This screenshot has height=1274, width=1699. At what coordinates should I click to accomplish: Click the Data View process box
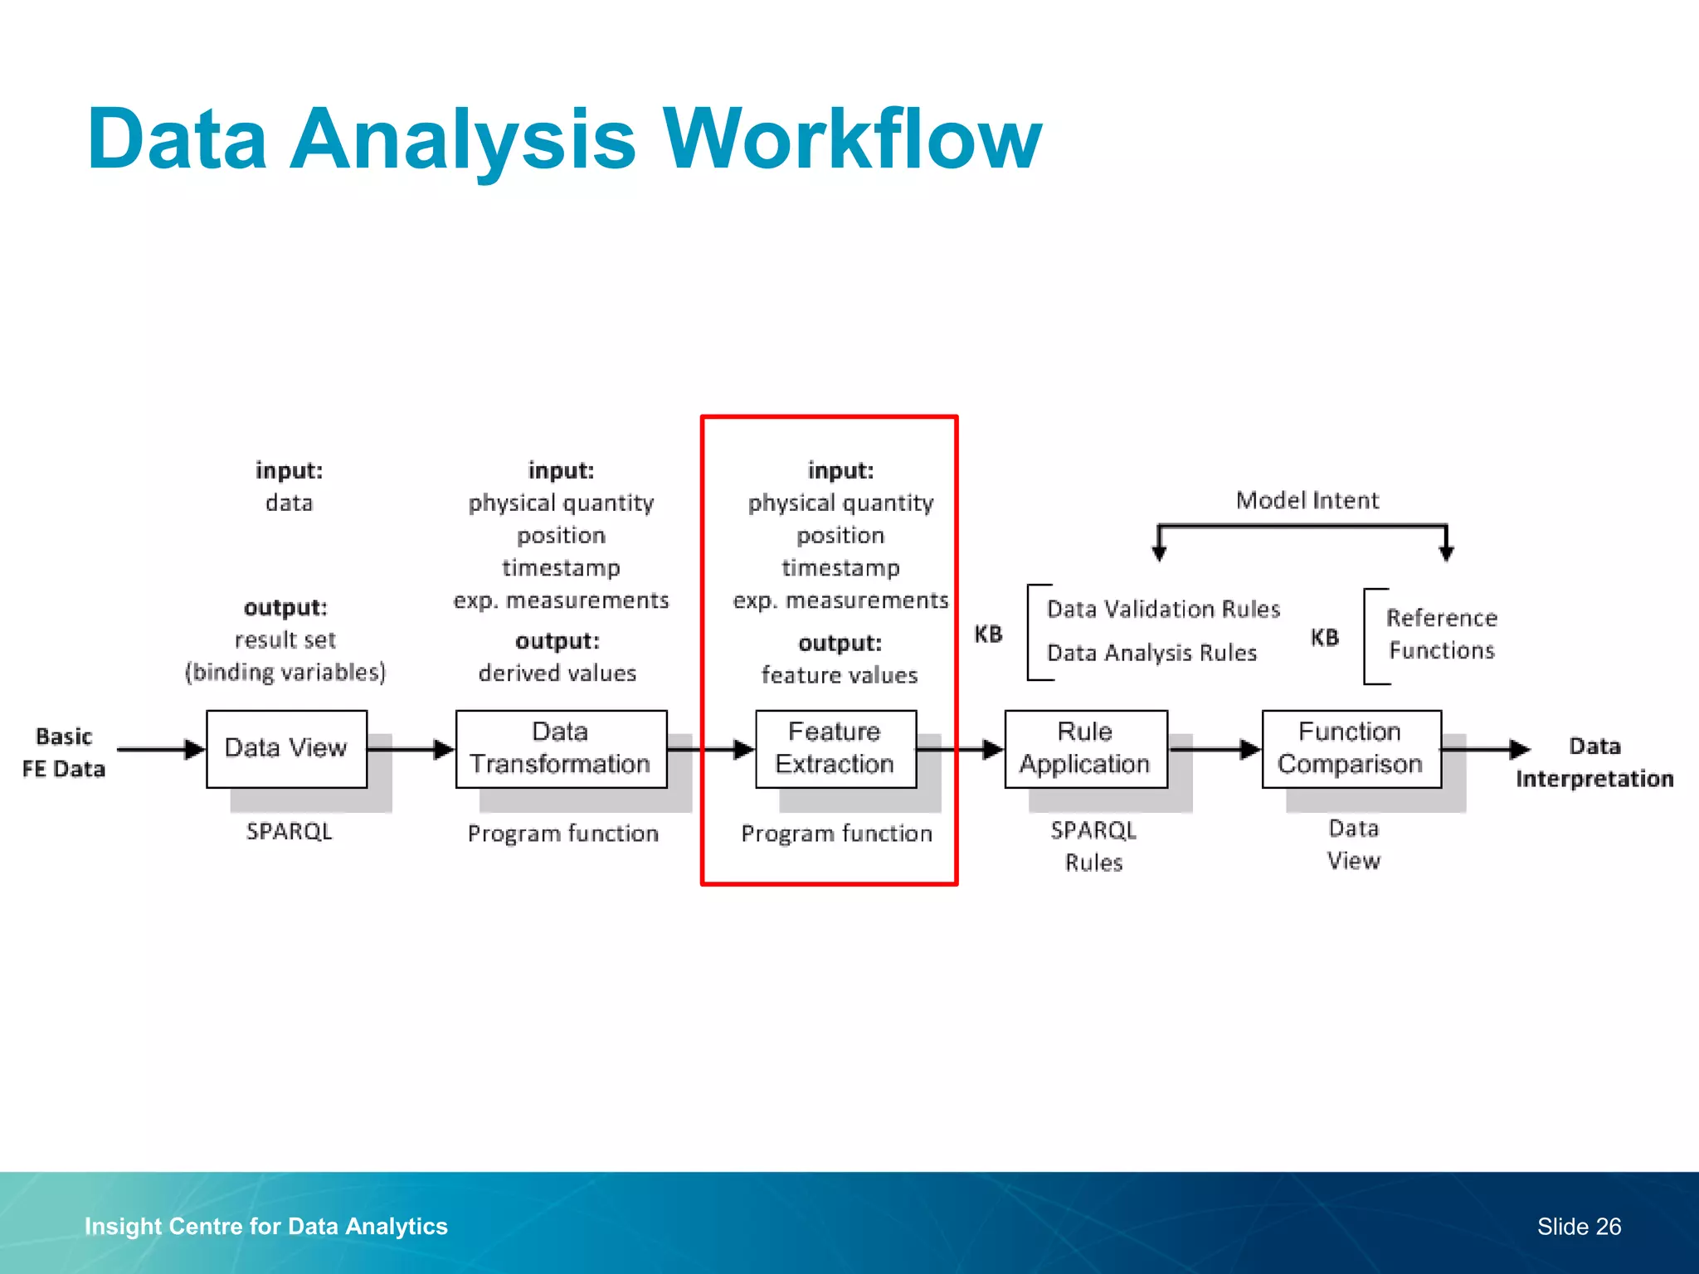pyautogui.click(x=286, y=748)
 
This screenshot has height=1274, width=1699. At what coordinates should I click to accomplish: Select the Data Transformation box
pyautogui.click(x=561, y=748)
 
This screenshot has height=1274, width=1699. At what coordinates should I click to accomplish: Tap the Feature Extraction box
pyautogui.click(x=835, y=748)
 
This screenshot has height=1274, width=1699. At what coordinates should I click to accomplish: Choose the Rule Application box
pyautogui.click(x=1085, y=748)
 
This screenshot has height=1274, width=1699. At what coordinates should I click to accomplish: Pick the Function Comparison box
pyautogui.click(x=1351, y=748)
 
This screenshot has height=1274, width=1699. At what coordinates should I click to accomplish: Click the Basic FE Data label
pyautogui.click(x=64, y=752)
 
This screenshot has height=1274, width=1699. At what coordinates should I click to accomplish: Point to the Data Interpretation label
pyautogui.click(x=1594, y=762)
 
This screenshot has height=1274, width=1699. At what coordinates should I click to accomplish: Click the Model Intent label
pyautogui.click(x=1307, y=500)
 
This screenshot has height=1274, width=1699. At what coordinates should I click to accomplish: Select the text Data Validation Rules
pyautogui.click(x=1163, y=609)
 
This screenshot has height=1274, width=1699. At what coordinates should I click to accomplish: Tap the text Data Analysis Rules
pyautogui.click(x=1151, y=653)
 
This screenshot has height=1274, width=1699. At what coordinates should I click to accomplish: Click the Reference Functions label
pyautogui.click(x=1442, y=634)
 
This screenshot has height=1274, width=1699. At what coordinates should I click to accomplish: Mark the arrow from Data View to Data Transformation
pyautogui.click(x=411, y=749)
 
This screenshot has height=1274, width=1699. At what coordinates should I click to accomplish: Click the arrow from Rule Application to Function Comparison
pyautogui.click(x=1215, y=749)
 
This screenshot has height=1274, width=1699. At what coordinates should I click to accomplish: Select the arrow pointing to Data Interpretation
pyautogui.click(x=1486, y=749)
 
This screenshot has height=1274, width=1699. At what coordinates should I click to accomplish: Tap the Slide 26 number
pyautogui.click(x=1579, y=1226)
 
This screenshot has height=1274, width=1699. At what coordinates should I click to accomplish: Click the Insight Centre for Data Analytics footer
pyautogui.click(x=265, y=1226)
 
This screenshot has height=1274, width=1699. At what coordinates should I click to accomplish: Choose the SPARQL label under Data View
pyautogui.click(x=289, y=831)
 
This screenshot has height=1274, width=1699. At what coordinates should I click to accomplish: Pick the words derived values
pyautogui.click(x=557, y=673)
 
